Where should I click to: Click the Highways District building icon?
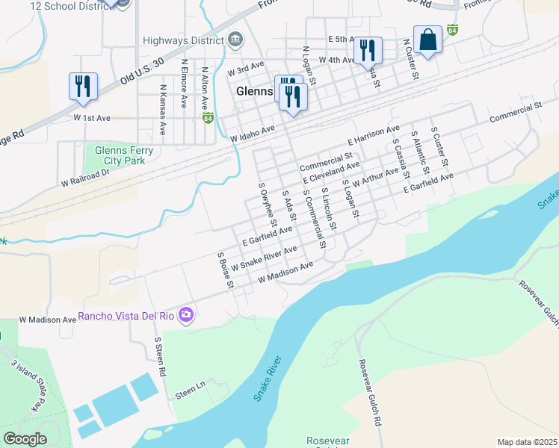coord(235,39)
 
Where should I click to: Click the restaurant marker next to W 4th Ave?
coord(367,50)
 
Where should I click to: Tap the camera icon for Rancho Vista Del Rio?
coord(185,315)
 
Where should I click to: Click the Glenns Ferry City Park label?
coord(124,155)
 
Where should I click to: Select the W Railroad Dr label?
coord(85,176)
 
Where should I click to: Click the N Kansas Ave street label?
coord(162,109)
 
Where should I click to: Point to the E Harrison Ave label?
coord(374,136)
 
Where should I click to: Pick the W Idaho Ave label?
coord(253,134)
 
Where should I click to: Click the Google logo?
coord(25,439)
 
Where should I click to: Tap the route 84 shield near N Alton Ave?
coord(208,118)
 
